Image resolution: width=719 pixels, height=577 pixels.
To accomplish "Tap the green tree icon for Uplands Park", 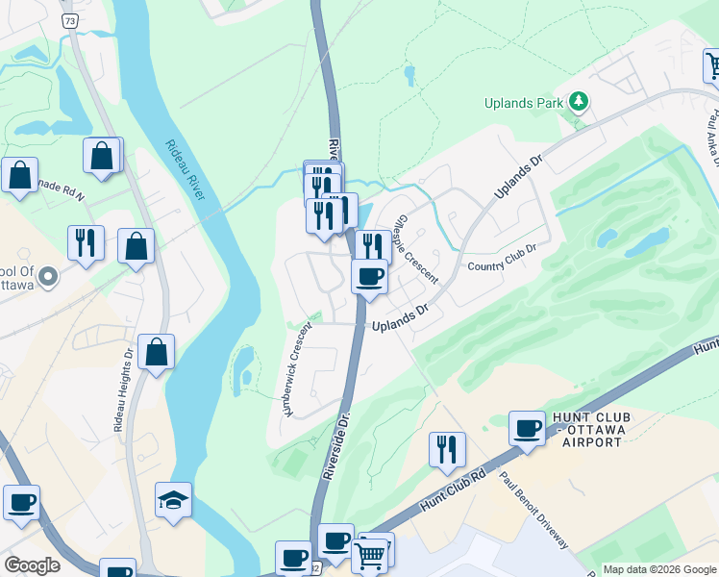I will pyautogui.click(x=578, y=101).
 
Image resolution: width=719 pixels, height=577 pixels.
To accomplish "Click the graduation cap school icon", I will pyautogui.click(x=173, y=500).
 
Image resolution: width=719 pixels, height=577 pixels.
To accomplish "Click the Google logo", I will pyautogui.click(x=32, y=565).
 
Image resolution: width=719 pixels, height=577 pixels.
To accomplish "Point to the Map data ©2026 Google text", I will pyautogui.click(x=658, y=569).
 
